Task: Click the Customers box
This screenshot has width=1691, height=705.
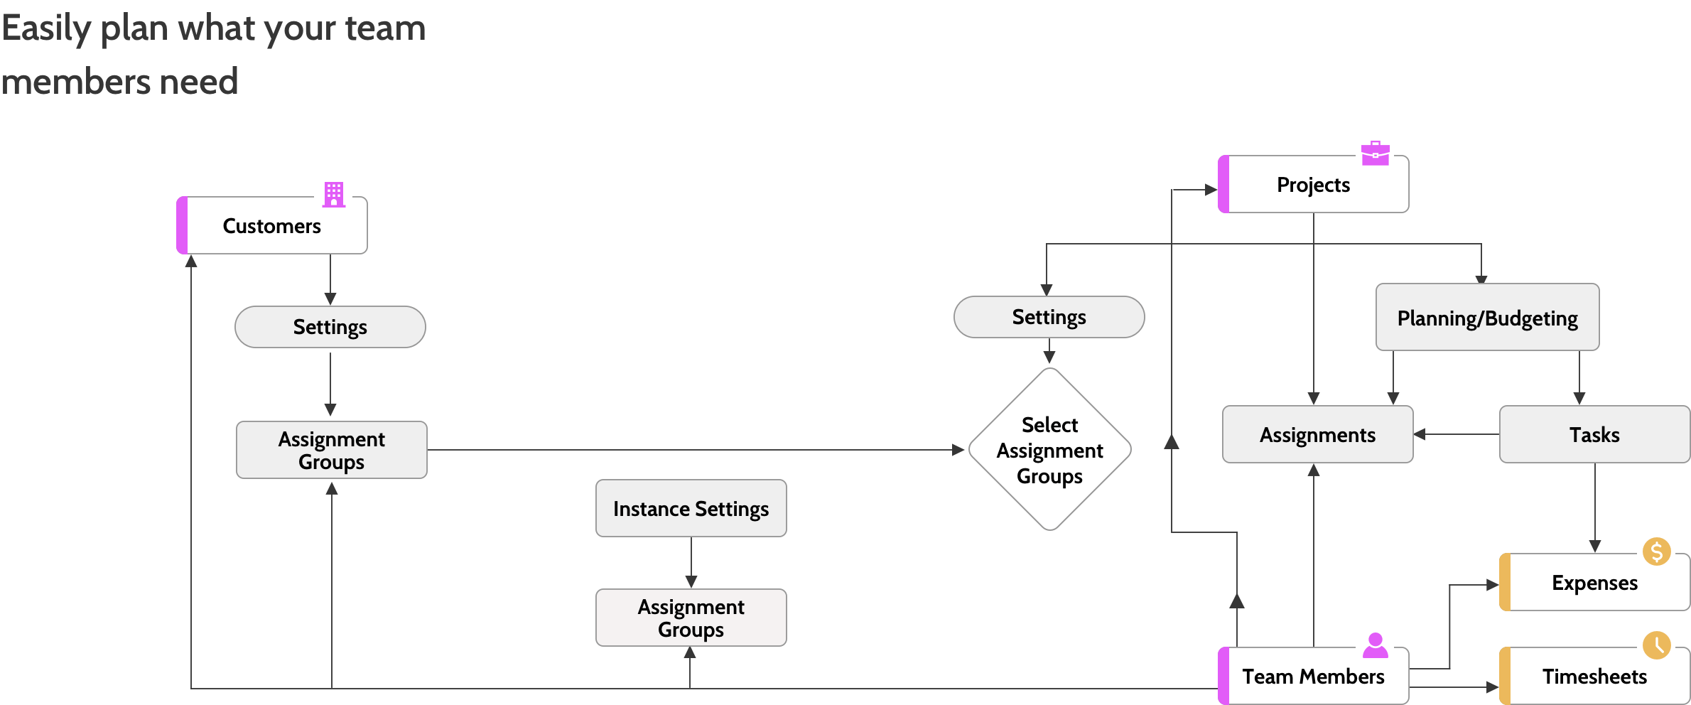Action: point(272,225)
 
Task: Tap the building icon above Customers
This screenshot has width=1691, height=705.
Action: point(334,195)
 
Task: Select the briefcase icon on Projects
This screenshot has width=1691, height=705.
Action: point(1376,154)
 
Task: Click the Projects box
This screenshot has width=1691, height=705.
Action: point(1313,184)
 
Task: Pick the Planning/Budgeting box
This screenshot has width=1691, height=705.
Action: point(1488,317)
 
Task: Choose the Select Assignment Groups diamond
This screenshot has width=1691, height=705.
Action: point(1050,449)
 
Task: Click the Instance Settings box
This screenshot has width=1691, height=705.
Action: point(691,508)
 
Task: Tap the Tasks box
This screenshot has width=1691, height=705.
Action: point(1594,434)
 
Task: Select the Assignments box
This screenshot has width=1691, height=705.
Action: point(1318,434)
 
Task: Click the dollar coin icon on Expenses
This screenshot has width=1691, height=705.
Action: point(1657,551)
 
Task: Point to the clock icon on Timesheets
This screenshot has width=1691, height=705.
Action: point(1657,645)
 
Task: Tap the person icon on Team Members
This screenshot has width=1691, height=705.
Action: point(1376,645)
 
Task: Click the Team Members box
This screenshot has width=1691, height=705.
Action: point(1313,676)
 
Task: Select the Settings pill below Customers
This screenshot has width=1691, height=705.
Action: point(330,327)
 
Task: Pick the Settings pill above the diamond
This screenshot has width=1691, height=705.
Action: point(1049,317)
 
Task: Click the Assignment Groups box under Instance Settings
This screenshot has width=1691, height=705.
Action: point(691,618)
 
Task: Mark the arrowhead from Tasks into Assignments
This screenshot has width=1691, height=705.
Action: point(1420,434)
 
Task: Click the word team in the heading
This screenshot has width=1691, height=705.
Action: point(385,28)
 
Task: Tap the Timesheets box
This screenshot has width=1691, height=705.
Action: point(1594,676)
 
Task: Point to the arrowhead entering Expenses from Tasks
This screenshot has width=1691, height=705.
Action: point(1595,547)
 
